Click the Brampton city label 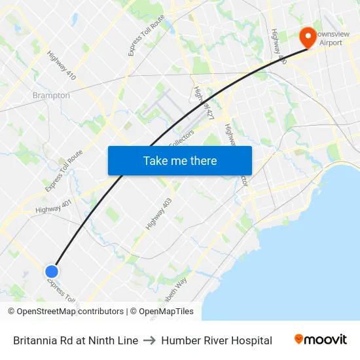(51, 96)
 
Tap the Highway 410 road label (62, 66)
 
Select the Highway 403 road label (158, 214)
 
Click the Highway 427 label (204, 103)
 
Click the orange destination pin (307, 37)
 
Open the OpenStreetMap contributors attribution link (70, 312)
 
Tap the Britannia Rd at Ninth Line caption (75, 340)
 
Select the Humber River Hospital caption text (217, 340)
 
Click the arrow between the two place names (150, 340)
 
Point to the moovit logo (320, 340)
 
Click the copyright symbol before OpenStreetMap (12, 312)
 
